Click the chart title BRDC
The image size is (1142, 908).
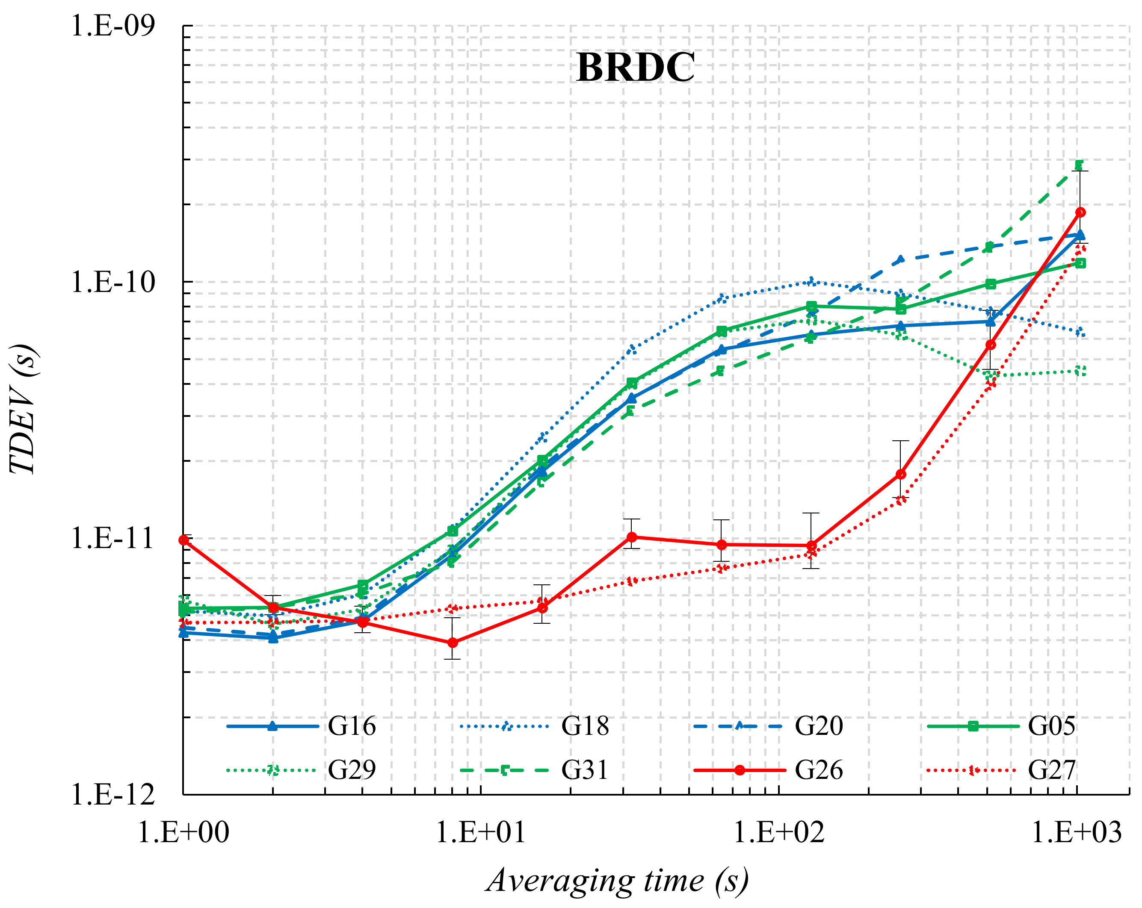(635, 68)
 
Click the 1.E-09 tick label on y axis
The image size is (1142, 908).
(113, 25)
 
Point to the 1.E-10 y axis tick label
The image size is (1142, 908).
(113, 282)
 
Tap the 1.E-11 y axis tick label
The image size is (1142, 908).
(113, 539)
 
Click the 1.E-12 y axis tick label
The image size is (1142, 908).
(113, 795)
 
